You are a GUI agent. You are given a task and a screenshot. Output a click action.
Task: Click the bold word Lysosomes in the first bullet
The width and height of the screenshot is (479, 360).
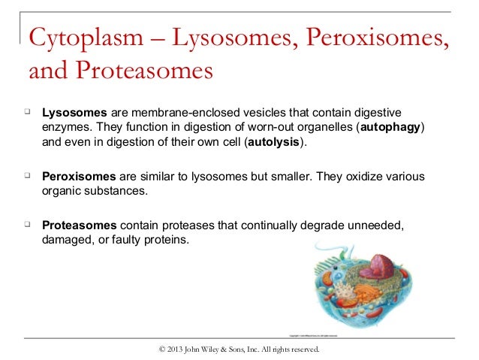click(x=74, y=113)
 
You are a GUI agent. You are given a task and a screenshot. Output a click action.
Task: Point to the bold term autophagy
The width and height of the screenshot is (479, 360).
click(x=390, y=127)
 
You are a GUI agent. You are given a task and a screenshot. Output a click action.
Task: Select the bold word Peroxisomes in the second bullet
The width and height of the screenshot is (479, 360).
click(x=79, y=177)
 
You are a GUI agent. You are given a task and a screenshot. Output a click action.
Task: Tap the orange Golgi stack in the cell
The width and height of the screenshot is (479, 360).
click(x=366, y=293)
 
